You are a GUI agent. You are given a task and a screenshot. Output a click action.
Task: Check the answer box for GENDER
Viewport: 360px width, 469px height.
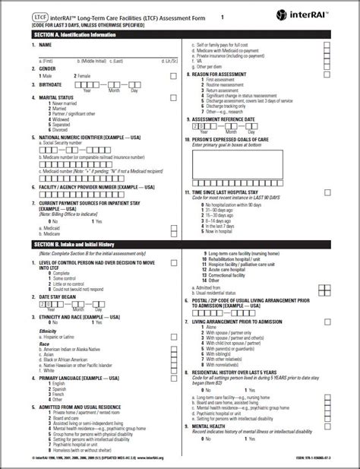[x=174, y=77]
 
